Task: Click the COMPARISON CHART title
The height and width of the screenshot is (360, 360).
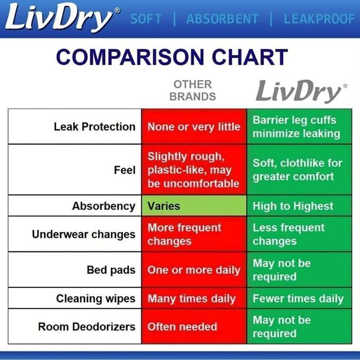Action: [172, 57]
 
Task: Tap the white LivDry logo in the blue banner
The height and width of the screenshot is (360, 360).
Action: [61, 19]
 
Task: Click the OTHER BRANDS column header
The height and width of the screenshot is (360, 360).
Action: [192, 91]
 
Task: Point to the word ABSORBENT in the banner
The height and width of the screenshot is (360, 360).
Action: [222, 19]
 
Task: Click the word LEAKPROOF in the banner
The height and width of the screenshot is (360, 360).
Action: [319, 19]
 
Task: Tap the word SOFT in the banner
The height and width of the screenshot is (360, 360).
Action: [146, 19]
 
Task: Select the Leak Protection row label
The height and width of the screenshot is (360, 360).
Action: [94, 127]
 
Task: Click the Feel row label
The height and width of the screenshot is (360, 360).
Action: [124, 169]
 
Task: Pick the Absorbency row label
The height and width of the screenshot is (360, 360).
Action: [104, 205]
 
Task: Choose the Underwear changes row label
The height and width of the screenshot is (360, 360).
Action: [84, 234]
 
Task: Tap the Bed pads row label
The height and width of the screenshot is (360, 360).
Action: [111, 270]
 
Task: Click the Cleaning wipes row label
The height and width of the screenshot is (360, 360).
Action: [96, 299]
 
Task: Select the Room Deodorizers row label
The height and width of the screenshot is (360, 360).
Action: [86, 326]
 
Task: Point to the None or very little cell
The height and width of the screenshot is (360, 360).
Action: [194, 127]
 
